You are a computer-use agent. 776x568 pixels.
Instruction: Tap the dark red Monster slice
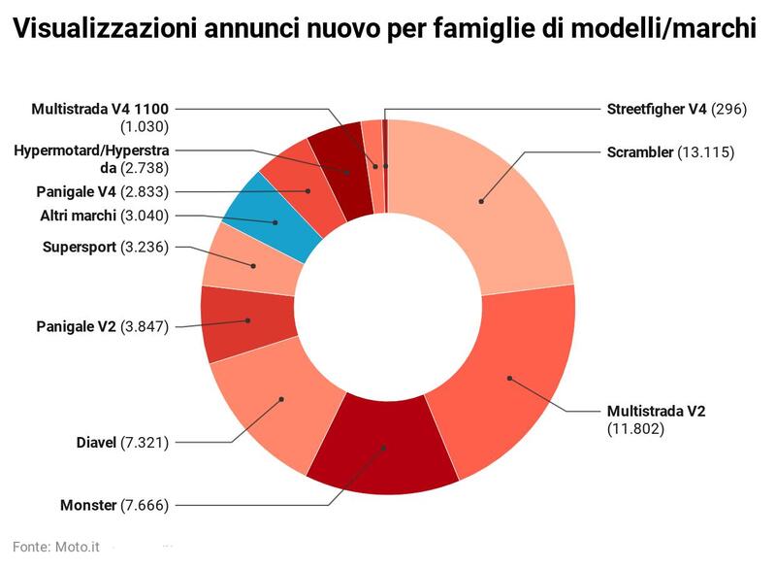point(383,447)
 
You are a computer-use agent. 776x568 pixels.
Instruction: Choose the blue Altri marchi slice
point(275,222)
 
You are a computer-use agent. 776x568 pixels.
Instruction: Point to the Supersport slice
point(254,264)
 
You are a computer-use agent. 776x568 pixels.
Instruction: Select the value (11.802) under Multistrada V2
point(635,428)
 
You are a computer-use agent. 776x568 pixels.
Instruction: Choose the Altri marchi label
point(79,215)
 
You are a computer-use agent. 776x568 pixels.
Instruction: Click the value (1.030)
point(145,126)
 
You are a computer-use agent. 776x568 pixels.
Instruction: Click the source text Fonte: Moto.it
point(56,548)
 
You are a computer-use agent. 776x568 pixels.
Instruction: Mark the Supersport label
point(80,247)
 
